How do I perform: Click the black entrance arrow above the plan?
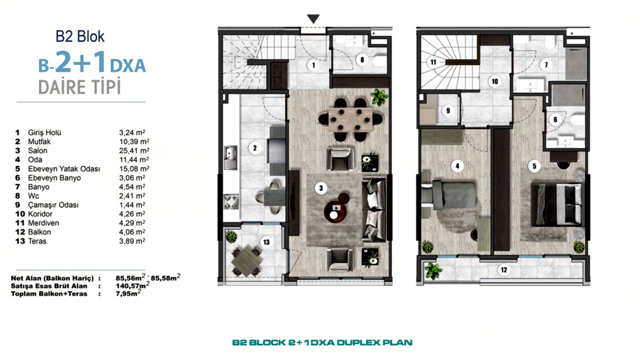[313, 19]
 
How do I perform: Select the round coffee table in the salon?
[336, 210]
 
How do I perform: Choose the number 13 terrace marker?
[266, 242]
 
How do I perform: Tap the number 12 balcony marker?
[504, 270]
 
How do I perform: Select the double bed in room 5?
[557, 204]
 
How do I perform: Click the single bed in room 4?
[451, 195]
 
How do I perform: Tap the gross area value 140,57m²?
[133, 286]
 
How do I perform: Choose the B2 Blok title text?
[80, 36]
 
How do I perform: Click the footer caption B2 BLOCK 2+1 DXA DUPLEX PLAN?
[322, 342]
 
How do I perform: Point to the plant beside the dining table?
[379, 97]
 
